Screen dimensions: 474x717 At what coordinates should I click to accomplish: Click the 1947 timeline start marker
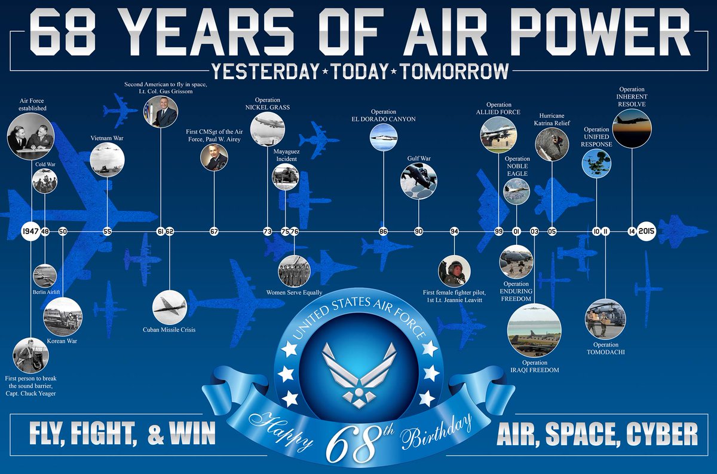pyautogui.click(x=30, y=231)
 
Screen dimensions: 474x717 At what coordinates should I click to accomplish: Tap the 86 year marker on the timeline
pyautogui.click(x=383, y=231)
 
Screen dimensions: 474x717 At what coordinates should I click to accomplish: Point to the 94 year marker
pyautogui.click(x=455, y=231)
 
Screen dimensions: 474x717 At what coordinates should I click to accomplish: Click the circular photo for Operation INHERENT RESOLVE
pyautogui.click(x=632, y=128)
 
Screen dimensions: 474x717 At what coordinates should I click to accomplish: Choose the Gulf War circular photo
pyautogui.click(x=418, y=180)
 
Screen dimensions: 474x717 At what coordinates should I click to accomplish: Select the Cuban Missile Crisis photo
pyautogui.click(x=169, y=306)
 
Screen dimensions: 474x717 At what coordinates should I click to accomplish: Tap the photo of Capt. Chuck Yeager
pyautogui.click(x=30, y=355)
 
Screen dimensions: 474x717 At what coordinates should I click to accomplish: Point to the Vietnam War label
pyautogui.click(x=107, y=138)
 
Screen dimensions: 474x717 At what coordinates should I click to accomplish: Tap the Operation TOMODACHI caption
pyautogui.click(x=606, y=348)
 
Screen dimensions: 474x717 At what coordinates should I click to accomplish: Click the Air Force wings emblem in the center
pyautogui.click(x=358, y=367)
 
